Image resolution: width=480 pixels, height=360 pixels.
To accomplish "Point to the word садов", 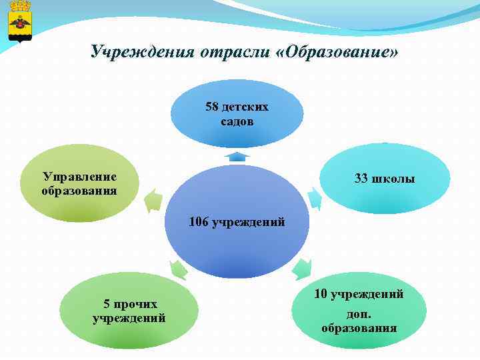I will pyautogui.click(x=237, y=122).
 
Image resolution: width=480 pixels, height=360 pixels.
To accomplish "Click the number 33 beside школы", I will pyautogui.click(x=362, y=179).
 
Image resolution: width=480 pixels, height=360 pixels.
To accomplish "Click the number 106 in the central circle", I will pyautogui.click(x=199, y=222).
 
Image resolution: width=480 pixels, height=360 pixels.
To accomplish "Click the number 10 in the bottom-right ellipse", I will pyautogui.click(x=320, y=293).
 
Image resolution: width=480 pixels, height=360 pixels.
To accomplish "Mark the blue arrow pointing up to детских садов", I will pyautogui.click(x=237, y=157).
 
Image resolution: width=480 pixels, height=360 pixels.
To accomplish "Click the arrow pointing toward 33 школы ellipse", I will pyautogui.click(x=314, y=198).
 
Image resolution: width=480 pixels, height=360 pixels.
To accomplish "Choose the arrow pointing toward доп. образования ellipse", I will pyautogui.click(x=302, y=269).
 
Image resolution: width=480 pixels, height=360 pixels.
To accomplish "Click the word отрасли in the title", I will pyautogui.click(x=233, y=51).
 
